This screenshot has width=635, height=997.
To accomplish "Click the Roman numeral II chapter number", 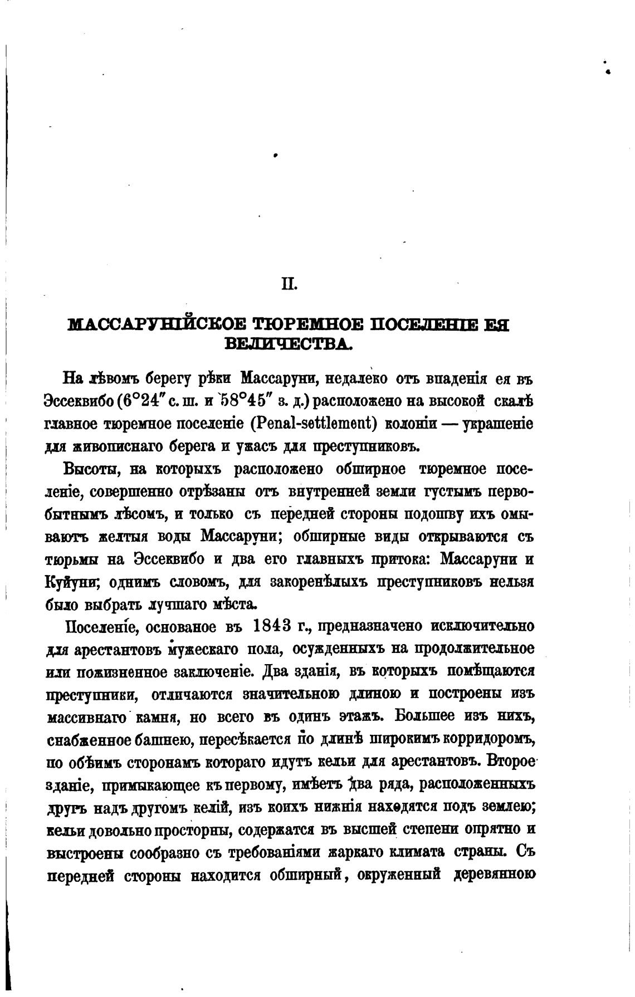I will pyautogui.click(x=290, y=285).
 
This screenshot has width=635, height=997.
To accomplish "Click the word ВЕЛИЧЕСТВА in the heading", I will pyautogui.click(x=288, y=343).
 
